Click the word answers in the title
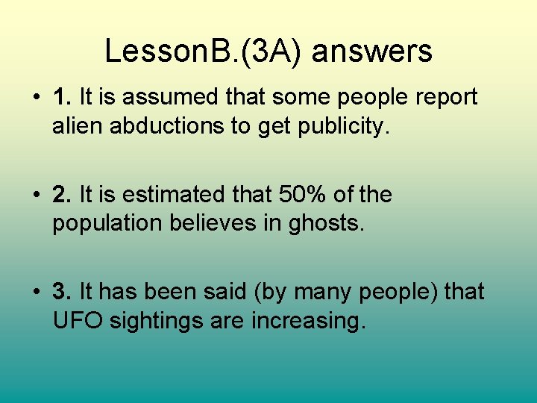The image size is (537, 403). click(x=371, y=52)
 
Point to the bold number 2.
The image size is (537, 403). click(x=61, y=196)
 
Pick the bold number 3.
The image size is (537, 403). click(x=61, y=292)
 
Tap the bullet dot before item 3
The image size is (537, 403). click(x=37, y=293)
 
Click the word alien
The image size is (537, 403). click(x=78, y=126)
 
